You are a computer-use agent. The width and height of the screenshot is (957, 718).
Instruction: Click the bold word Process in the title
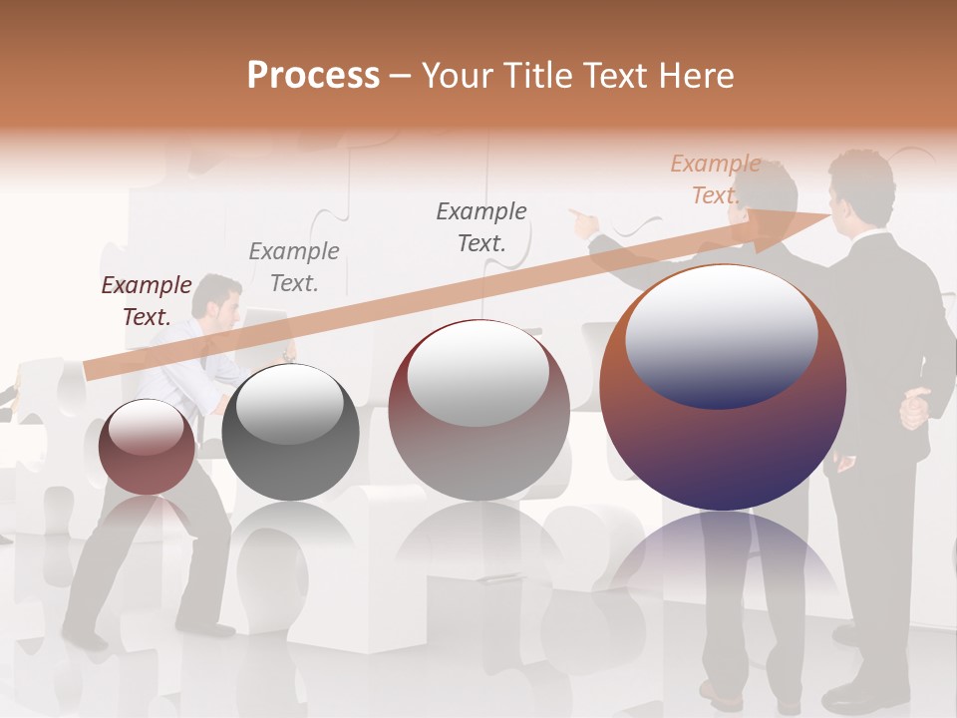[x=313, y=75]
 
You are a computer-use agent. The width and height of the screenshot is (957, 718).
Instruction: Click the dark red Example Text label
[x=147, y=301]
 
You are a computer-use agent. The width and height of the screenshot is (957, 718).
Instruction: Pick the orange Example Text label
[x=715, y=179]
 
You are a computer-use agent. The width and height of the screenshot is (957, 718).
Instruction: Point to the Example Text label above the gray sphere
[x=293, y=267]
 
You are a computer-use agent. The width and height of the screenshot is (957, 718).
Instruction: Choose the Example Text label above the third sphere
[x=481, y=226]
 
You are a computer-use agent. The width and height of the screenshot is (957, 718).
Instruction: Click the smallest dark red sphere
[x=147, y=447]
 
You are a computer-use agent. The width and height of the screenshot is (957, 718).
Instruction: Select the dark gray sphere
[x=290, y=433]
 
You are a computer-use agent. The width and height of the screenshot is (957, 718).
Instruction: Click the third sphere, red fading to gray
[x=478, y=410]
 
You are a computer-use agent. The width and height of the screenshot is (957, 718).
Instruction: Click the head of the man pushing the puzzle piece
[x=217, y=297]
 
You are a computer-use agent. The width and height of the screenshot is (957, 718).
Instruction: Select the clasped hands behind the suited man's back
[x=915, y=408]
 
